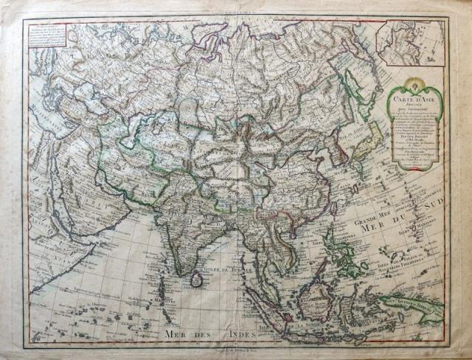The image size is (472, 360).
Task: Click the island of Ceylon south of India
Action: click(198, 279)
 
